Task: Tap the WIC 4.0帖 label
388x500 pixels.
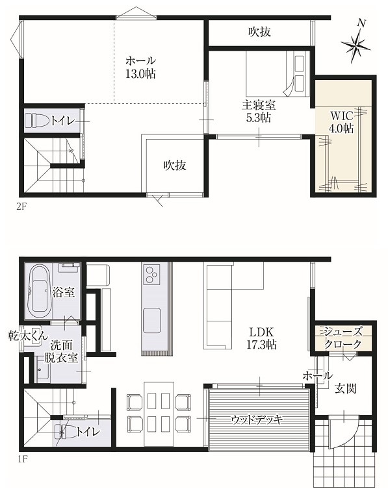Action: coord(341,121)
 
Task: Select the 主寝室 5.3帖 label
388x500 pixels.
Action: coord(259,111)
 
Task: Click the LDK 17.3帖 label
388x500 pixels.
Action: coord(262,338)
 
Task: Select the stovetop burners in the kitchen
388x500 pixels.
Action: coord(151,274)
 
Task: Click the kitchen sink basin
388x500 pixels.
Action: coord(151,321)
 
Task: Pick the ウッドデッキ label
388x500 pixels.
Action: coord(257,419)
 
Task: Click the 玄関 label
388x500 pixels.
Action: coord(346,388)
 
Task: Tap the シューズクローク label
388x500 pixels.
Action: coord(343,338)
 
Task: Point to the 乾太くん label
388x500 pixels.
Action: coord(28,336)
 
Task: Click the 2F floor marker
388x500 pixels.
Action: coord(21,206)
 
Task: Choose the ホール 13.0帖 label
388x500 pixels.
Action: coord(140,68)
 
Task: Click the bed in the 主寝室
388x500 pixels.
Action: coord(276,73)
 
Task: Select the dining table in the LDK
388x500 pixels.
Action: coord(159,414)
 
